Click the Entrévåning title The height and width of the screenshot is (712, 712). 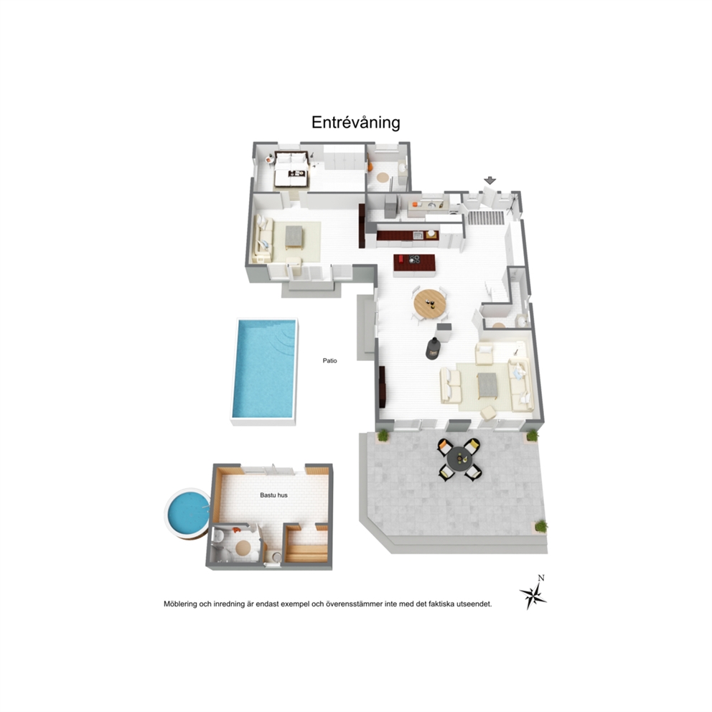pos(355,123)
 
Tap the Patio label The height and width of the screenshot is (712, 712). pos(329,360)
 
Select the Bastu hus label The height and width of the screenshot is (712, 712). pos(273,495)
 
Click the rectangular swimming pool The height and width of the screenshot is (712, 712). pos(264,369)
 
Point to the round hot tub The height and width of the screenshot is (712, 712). pos(187,513)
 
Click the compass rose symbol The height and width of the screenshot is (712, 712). pos(533,595)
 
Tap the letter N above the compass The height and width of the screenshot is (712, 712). pos(540,578)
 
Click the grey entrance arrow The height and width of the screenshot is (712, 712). pos(489,180)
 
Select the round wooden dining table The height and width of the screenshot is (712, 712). pos(429,304)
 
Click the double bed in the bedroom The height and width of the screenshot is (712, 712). pos(291,169)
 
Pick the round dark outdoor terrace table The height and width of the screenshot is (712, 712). pos(459,460)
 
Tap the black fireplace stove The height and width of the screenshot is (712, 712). pos(434,349)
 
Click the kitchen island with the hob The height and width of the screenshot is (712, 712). pos(414,265)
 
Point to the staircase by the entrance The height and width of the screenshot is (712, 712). pos(487,217)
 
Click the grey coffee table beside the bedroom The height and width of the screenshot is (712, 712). pos(294,237)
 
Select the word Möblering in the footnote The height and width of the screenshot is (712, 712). pos(180,604)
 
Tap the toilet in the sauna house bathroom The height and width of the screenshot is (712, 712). pos(217,537)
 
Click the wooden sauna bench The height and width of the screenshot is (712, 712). pos(306,553)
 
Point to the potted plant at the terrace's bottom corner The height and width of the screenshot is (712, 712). pos(540,526)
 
